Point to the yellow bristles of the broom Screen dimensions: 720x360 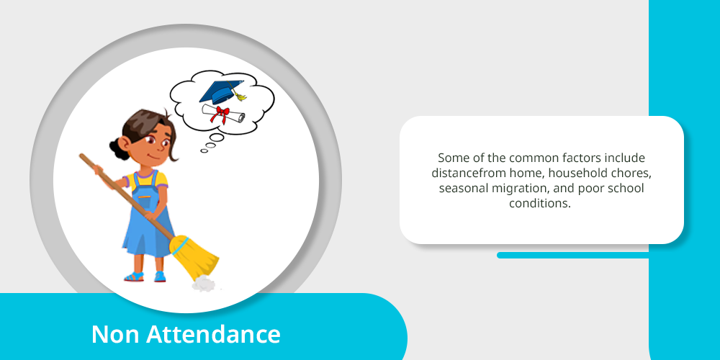pos(195,258)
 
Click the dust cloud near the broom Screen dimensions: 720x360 pos(204,284)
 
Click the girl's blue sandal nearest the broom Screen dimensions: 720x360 pos(160,276)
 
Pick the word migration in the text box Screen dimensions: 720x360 pos(524,189)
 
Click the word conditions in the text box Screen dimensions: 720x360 pos(539,204)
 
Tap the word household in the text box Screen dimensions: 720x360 pos(580,174)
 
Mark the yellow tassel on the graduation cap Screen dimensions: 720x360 pos(239,95)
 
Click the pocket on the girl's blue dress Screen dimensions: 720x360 pos(145,202)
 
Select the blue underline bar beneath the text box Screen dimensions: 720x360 pos(572,256)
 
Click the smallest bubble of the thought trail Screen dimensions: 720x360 pos(204,150)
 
